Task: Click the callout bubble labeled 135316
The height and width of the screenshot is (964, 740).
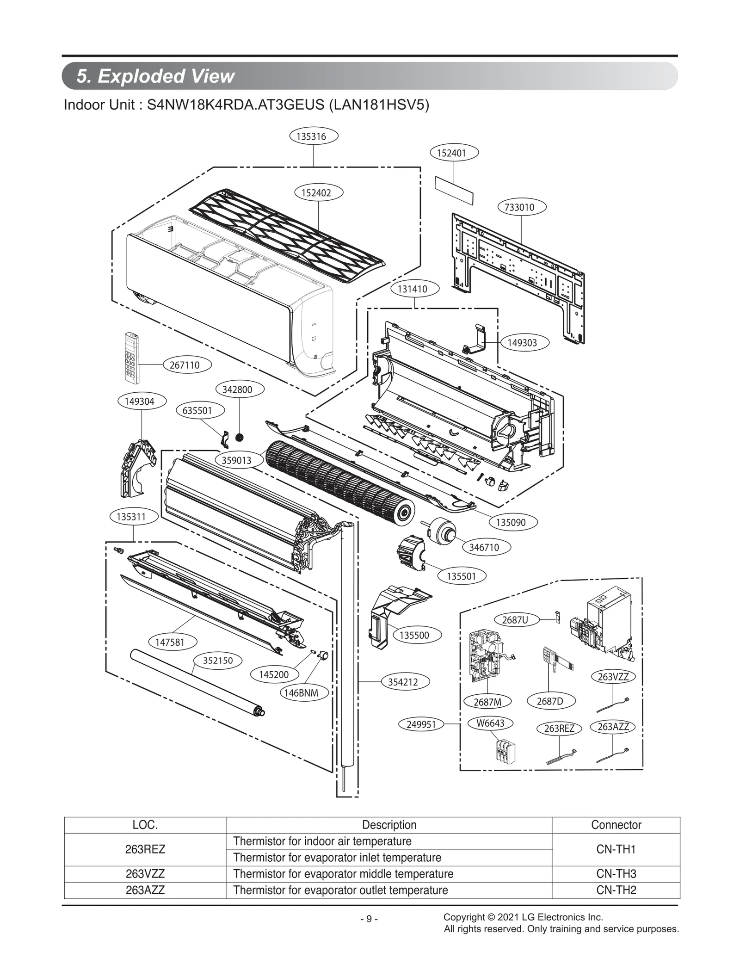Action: point(314,136)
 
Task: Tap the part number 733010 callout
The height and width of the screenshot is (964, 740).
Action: point(522,207)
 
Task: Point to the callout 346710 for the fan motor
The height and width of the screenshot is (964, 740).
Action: point(487,547)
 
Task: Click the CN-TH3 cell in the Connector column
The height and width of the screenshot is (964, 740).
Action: point(616,874)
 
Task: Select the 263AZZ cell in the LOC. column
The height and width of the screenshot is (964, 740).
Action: point(145,890)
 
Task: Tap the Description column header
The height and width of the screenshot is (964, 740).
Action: point(389,825)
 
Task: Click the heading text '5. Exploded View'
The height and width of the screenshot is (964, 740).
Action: point(156,76)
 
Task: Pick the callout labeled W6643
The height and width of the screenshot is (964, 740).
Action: point(490,723)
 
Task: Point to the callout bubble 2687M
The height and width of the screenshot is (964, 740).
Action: point(487,702)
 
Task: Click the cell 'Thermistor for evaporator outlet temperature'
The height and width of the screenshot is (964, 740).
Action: point(341,890)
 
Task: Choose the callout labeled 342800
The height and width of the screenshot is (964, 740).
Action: point(240,389)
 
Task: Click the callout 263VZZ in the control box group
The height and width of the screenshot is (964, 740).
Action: point(613,677)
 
